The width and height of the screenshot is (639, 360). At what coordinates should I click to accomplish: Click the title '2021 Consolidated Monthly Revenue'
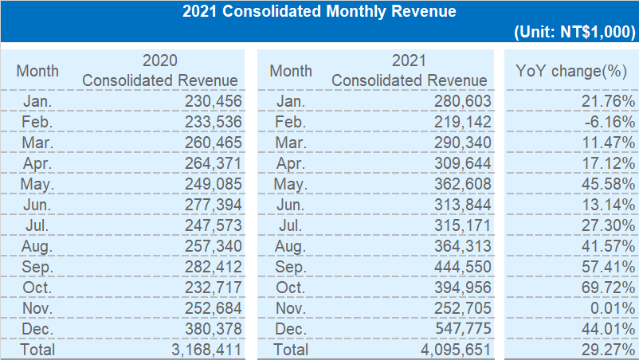click(x=319, y=12)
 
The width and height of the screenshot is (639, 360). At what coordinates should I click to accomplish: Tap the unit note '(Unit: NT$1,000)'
click(x=575, y=33)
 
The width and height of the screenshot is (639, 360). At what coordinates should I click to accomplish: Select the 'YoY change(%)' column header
click(x=570, y=71)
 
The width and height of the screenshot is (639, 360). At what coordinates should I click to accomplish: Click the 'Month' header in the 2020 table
click(x=37, y=71)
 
